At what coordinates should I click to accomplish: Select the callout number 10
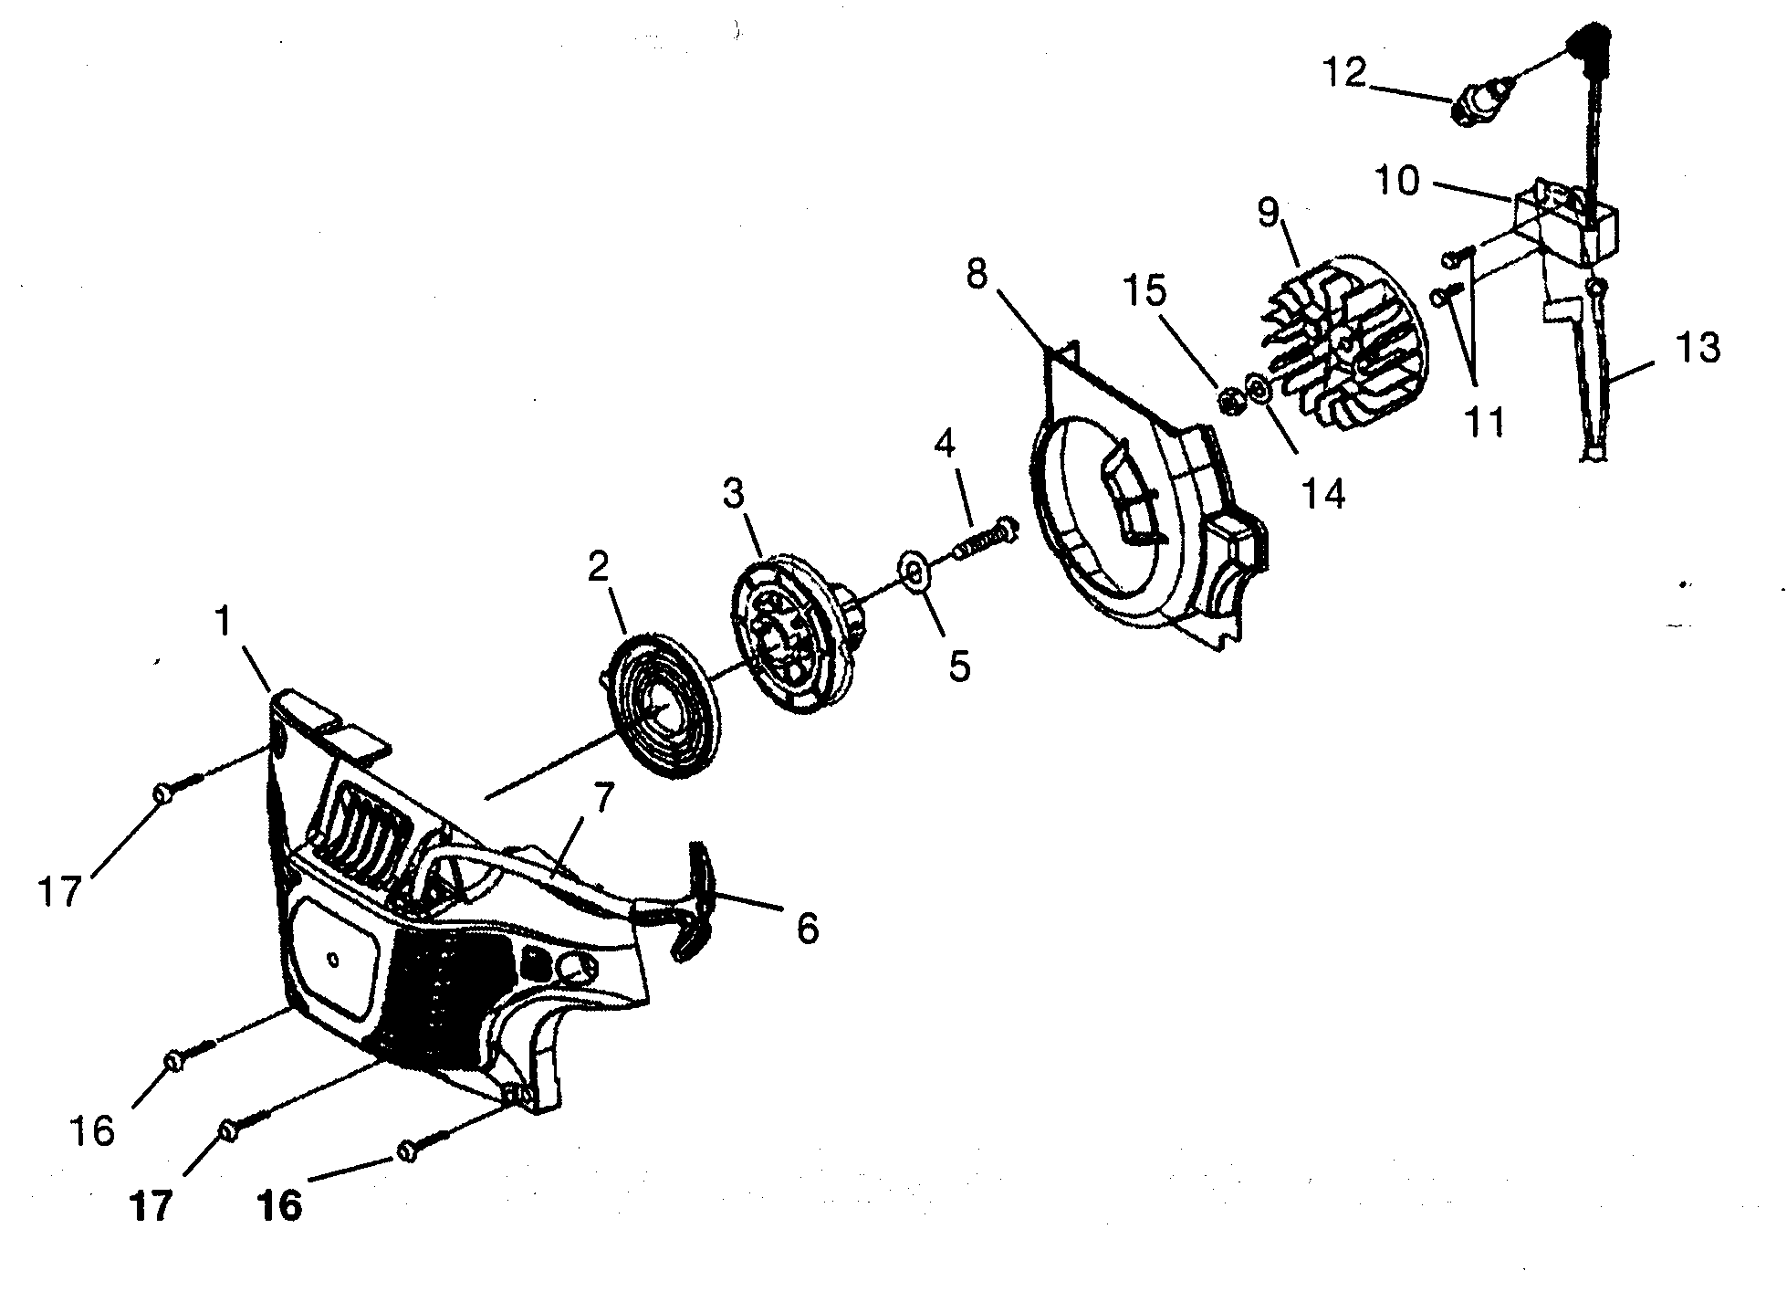[1396, 181]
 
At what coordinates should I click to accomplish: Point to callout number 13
[1698, 348]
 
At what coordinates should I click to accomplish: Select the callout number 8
[977, 272]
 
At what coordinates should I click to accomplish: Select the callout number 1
[222, 623]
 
